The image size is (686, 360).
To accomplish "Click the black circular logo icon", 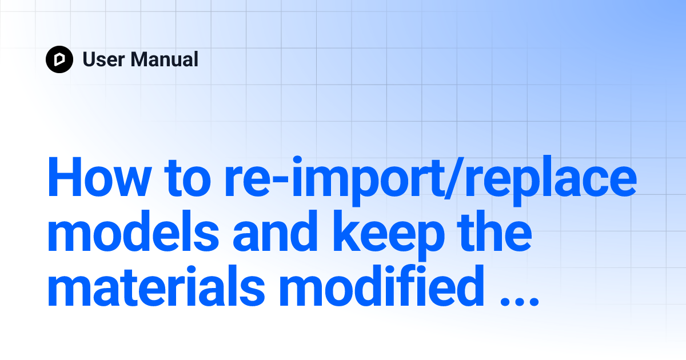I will (59, 59).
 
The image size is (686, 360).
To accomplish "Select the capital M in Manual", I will (141, 59).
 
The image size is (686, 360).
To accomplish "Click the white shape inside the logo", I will (59, 59).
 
